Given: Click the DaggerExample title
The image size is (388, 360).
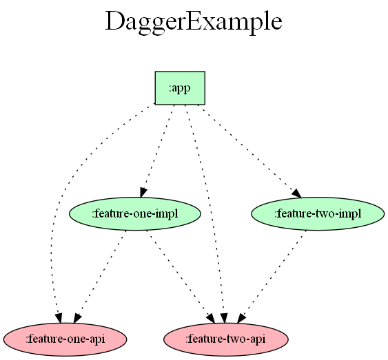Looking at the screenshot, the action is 194,22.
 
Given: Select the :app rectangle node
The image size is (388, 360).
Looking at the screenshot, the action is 180,88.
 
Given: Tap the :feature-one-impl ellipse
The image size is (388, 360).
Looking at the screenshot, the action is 135,213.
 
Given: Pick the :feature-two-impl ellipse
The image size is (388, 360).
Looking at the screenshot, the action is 318,213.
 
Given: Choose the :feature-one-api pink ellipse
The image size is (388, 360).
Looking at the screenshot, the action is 65,339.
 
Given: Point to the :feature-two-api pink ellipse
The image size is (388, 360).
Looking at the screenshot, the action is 225,339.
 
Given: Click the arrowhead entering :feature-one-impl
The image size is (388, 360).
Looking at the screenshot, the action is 143,193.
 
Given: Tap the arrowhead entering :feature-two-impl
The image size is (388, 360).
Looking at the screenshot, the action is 297,193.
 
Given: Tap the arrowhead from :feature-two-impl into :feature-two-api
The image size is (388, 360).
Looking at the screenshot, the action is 241,318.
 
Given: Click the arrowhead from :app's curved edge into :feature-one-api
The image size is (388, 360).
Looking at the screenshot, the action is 59,318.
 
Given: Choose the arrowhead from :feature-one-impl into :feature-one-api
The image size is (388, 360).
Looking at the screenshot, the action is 77,318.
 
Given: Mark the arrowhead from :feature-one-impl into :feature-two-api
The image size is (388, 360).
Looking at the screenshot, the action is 211,318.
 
